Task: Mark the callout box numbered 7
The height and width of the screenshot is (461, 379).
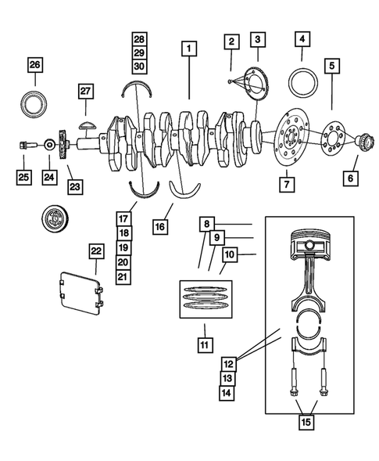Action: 287,185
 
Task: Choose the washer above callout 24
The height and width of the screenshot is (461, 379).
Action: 49,145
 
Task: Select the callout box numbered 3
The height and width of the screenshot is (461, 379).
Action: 257,38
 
